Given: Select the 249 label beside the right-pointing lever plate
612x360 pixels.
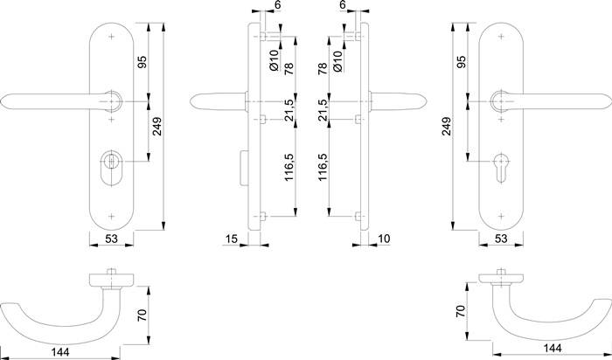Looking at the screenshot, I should point(448,127).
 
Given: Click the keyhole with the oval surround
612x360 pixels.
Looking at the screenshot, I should point(112,163).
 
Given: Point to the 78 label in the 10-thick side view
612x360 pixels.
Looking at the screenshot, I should point(323,69).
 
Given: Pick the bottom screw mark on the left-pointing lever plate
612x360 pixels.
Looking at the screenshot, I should point(112,213).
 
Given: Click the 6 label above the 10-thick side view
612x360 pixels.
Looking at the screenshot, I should point(342,6).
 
